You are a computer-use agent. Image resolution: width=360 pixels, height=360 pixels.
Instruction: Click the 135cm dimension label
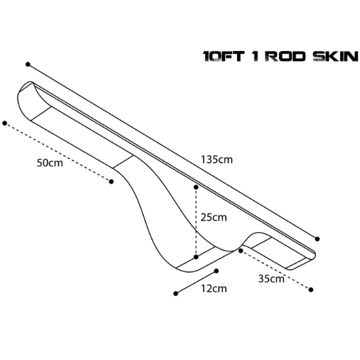(x=217, y=159)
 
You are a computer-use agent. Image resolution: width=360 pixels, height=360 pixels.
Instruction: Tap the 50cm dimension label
(x=50, y=163)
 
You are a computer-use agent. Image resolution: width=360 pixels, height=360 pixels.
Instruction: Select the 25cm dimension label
(x=213, y=217)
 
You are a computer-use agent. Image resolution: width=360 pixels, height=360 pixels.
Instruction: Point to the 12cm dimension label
(x=214, y=289)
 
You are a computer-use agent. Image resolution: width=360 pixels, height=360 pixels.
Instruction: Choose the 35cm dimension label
(x=271, y=279)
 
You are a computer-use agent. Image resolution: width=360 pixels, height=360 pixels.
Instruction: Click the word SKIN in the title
(x=336, y=56)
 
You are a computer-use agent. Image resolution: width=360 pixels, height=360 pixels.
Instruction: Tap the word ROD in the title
(x=285, y=56)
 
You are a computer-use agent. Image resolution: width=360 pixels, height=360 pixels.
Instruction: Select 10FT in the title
(x=223, y=56)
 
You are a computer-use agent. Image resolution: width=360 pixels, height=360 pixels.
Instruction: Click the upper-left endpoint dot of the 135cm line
(x=28, y=64)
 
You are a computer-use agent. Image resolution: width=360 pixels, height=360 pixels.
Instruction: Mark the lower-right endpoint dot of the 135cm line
(x=317, y=239)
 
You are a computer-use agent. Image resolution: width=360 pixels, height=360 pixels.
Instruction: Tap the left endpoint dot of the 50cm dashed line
(x=5, y=123)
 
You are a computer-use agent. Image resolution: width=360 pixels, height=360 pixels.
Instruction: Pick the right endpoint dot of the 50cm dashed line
(x=111, y=182)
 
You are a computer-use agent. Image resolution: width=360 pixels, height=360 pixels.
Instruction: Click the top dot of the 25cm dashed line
(x=196, y=187)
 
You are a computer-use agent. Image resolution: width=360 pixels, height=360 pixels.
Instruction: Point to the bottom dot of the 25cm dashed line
(x=196, y=257)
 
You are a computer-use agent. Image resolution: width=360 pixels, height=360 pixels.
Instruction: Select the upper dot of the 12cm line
(x=216, y=271)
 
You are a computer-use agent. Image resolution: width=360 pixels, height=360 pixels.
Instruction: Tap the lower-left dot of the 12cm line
(x=176, y=293)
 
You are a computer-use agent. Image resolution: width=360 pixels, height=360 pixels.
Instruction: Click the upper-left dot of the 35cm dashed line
(x=241, y=251)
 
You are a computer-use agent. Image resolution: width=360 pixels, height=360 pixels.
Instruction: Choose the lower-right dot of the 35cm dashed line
(x=311, y=290)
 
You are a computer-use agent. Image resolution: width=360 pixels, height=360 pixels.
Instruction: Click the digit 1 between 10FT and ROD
(x=256, y=56)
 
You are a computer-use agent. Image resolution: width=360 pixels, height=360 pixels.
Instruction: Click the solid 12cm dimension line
(x=196, y=282)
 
